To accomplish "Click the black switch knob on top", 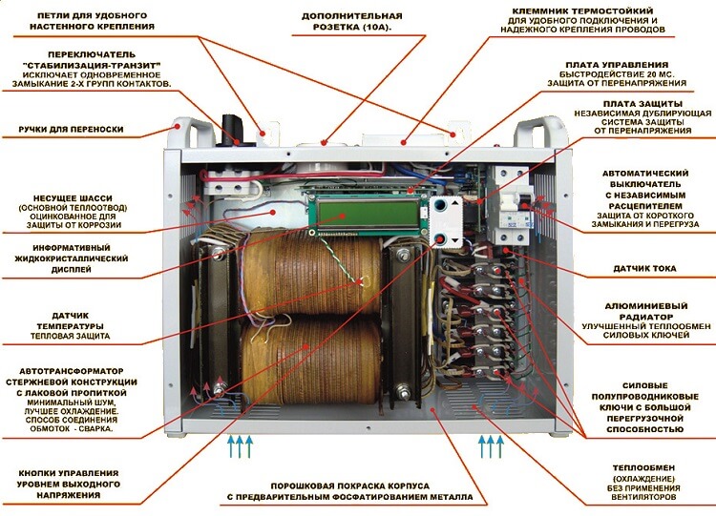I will [x=231, y=132].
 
